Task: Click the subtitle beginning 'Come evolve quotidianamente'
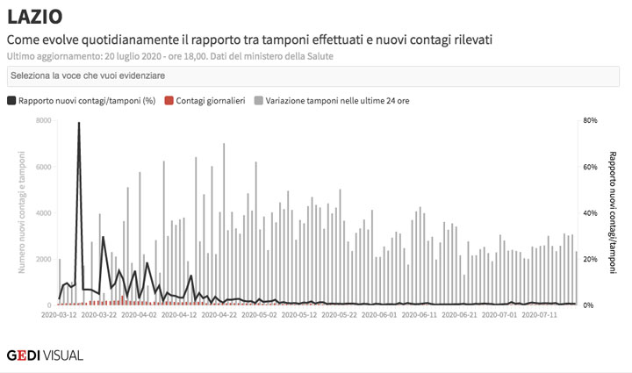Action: (x=249, y=39)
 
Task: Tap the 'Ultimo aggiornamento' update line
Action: (x=169, y=56)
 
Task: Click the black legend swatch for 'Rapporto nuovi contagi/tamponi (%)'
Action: (x=11, y=101)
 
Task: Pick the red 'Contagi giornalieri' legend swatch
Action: (x=169, y=101)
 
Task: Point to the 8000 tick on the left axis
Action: (x=43, y=120)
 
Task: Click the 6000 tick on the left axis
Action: (x=43, y=167)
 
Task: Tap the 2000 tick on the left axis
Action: (x=43, y=260)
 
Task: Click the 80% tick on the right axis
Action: (x=590, y=120)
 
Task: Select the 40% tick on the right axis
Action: (x=590, y=213)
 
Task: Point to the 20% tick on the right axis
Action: (x=590, y=260)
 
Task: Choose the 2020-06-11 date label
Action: (x=417, y=313)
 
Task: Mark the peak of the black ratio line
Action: (x=79, y=124)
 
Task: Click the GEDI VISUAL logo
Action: (x=45, y=355)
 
